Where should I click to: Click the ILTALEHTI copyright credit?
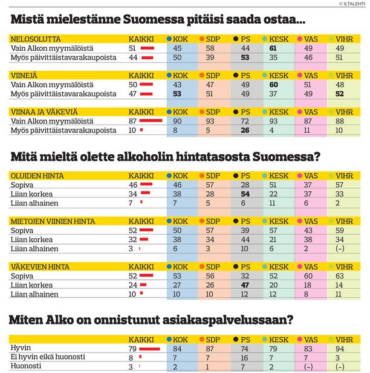click(352, 4)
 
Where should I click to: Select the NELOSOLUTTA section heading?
click(36, 39)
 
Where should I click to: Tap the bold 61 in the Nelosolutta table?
click(273, 48)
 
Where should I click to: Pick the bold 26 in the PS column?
click(245, 130)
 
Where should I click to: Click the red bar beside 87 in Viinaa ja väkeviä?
click(151, 120)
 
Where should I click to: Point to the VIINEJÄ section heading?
click(24, 76)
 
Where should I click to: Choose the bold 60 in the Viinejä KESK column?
click(273, 85)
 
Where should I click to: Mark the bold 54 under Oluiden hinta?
click(245, 194)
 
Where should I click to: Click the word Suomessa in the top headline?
click(154, 19)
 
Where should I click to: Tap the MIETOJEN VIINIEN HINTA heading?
click(53, 221)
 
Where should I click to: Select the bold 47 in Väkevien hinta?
click(245, 285)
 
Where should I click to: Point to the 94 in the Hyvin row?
click(340, 349)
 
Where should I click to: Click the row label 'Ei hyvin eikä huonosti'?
click(48, 357)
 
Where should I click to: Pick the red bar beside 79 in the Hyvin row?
click(149, 349)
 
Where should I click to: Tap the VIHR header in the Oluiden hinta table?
click(344, 176)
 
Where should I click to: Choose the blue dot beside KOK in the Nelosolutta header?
click(169, 39)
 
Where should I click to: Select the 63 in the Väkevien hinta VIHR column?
click(340, 276)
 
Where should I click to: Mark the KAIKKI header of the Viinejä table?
click(141, 76)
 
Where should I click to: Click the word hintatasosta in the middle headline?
click(213, 157)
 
